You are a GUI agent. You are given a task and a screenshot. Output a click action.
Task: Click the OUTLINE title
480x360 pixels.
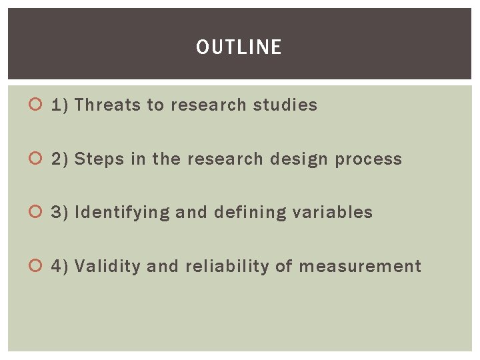tap(239, 47)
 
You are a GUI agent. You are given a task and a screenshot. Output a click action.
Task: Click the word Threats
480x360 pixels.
tap(107, 105)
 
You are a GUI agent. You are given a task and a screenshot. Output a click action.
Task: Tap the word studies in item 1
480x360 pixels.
tap(285, 105)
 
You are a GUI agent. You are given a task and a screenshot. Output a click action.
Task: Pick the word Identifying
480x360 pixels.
tap(123, 213)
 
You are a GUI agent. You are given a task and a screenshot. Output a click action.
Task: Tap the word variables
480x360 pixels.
tap(335, 213)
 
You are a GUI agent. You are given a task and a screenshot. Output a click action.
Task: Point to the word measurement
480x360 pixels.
tap(360, 267)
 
